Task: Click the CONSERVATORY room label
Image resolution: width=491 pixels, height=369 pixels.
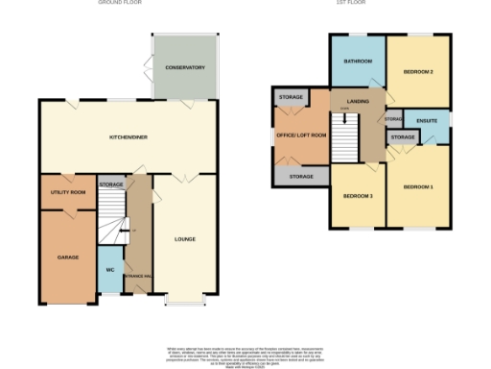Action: (x=184, y=68)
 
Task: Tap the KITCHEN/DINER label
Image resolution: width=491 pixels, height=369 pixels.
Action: (x=127, y=138)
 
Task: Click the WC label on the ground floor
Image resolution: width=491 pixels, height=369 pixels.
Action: (x=109, y=270)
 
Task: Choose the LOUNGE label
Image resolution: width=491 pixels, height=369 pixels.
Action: (x=185, y=238)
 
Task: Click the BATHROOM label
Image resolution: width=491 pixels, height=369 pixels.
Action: (x=359, y=61)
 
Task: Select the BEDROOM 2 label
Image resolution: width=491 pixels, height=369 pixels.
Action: (x=418, y=72)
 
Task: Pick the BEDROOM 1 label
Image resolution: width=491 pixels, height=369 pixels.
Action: (x=418, y=185)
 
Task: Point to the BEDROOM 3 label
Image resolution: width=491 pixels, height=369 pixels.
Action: (x=358, y=196)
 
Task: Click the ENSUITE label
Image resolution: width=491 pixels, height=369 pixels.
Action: (x=428, y=120)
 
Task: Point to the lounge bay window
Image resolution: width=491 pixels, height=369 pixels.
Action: (x=185, y=301)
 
